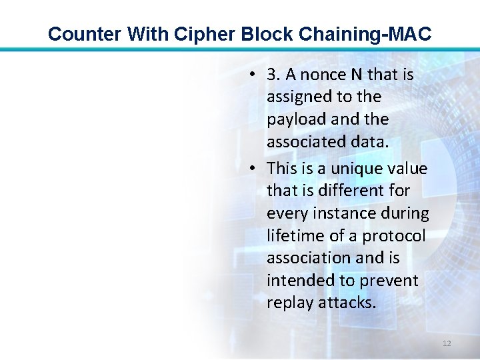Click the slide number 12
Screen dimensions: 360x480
point(447,343)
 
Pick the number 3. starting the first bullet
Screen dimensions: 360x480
point(273,75)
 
